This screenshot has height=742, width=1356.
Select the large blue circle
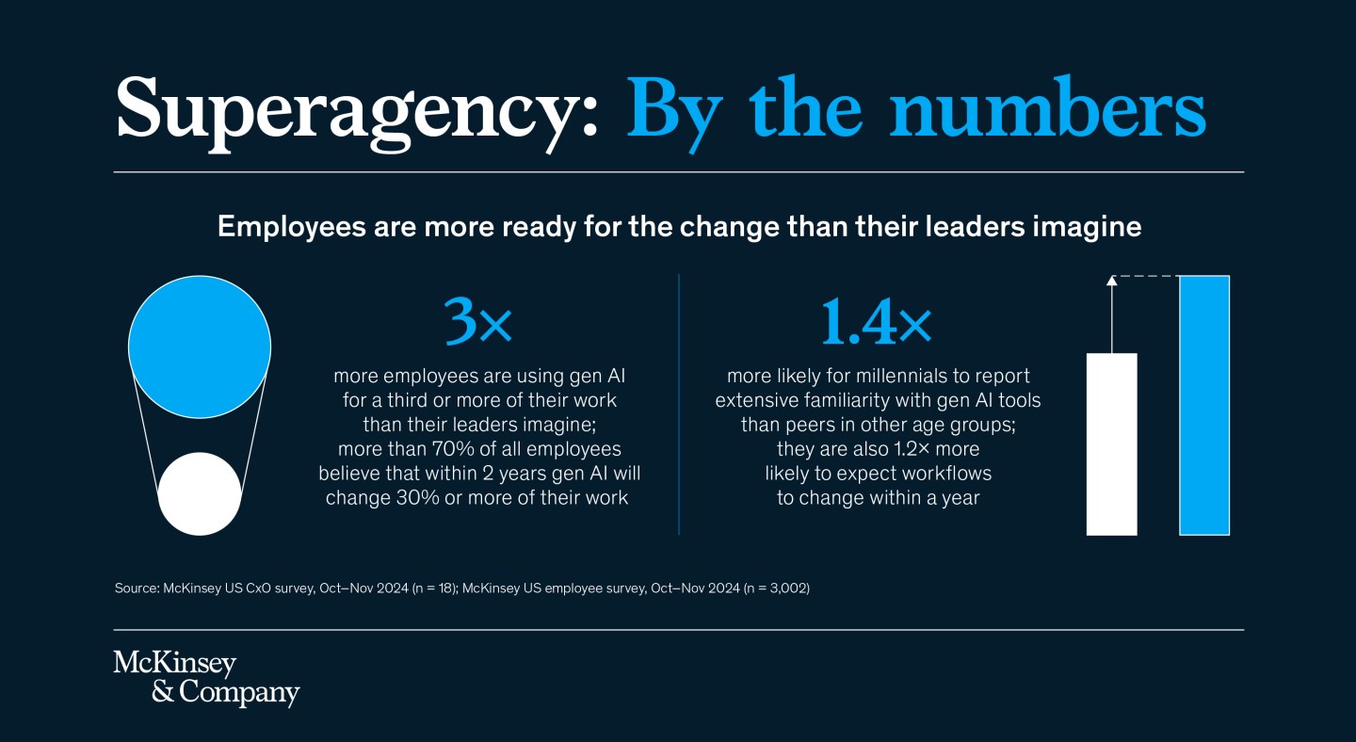[x=200, y=346]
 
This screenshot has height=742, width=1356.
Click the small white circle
[x=200, y=493]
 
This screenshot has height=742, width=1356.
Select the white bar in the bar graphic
[x=1111, y=444]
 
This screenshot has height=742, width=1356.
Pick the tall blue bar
[x=1204, y=405]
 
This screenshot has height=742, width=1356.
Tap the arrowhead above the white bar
[x=1111, y=281]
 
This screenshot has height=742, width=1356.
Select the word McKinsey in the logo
[x=174, y=663]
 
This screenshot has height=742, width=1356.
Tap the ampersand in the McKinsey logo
[x=163, y=692]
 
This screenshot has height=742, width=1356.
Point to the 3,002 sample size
[x=784, y=589]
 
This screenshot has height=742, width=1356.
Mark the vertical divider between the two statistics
[x=679, y=405]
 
